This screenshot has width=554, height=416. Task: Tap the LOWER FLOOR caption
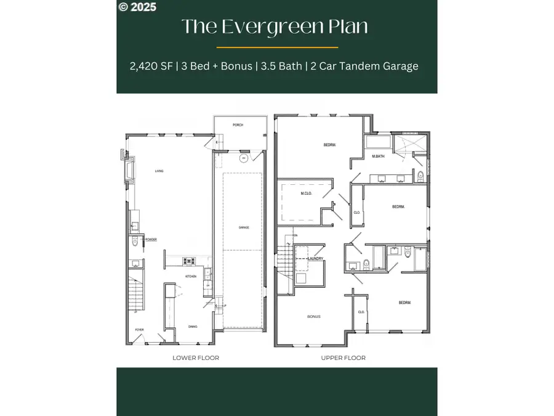pos(196,357)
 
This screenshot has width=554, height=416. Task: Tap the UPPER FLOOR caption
pos(343,357)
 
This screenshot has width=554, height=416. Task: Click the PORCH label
pos(238,125)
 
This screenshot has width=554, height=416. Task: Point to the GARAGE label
pos(244,227)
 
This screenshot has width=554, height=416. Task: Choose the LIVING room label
pos(159,171)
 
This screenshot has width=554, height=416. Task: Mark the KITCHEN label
pos(191,276)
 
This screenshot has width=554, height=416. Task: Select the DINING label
pos(193,327)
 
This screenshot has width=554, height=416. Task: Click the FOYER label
pos(140,330)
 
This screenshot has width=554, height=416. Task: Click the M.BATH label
pos(378,157)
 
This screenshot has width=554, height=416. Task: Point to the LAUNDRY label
pos(316,259)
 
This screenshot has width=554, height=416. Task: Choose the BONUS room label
pos(314,317)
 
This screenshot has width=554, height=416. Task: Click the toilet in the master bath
pos(421,176)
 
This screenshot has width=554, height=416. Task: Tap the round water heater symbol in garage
pos(244,158)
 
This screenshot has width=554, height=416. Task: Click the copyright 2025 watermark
pos(137,7)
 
